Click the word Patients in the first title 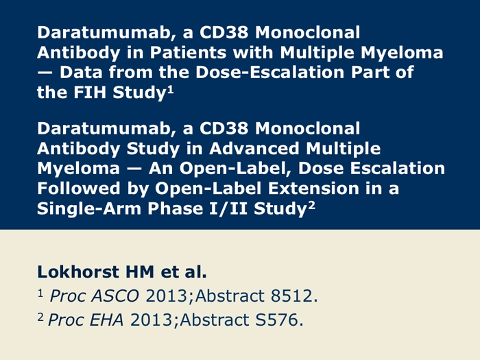click(188, 52)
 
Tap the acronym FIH click(90, 92)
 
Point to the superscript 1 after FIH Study click(170, 90)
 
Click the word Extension click(313, 188)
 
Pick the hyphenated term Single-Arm click(89, 208)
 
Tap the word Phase click(176, 208)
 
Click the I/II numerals click(228, 208)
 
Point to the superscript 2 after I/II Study click(311, 206)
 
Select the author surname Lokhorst click(78, 272)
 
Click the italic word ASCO click(115, 296)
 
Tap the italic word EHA click(106, 320)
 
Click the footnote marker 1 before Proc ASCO click(40, 293)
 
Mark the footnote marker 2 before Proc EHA click(40, 317)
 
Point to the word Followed click(78, 188)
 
